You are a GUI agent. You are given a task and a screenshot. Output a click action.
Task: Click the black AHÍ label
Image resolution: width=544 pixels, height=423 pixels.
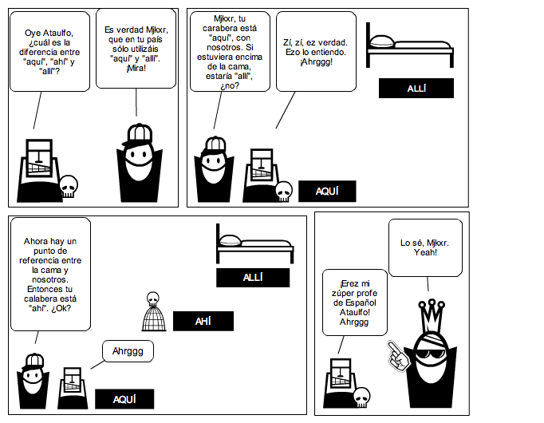point(203,321)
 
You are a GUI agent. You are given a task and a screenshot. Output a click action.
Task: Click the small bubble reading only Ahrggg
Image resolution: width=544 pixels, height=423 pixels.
point(127,350)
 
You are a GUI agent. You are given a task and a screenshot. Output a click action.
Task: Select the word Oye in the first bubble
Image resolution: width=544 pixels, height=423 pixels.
point(36,33)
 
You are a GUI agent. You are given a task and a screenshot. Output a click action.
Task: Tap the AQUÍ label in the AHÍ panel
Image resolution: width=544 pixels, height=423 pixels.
point(124,400)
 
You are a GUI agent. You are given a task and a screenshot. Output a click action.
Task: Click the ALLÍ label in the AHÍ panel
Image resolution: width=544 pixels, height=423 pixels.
point(252,278)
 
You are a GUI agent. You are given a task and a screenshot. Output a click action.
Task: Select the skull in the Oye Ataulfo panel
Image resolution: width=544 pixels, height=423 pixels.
point(69,187)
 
